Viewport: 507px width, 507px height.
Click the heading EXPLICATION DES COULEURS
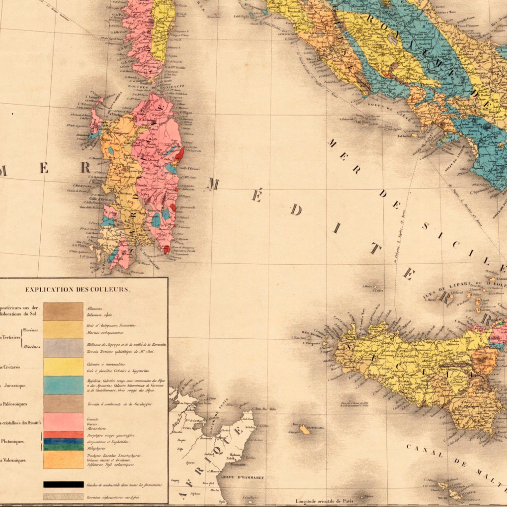pos(78,290)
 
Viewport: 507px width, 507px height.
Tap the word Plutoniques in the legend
pos(13,441)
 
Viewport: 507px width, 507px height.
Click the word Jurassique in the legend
pos(15,385)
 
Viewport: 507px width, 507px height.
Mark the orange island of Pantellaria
pos(304,430)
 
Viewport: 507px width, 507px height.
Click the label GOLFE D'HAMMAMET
pos(243,478)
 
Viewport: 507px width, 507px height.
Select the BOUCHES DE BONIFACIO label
pos(156,86)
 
